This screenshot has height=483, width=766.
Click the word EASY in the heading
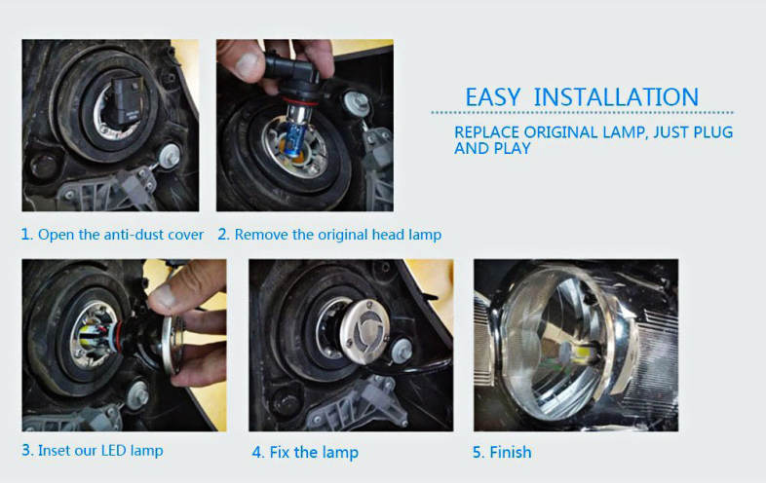[x=492, y=96]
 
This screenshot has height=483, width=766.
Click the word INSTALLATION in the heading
[x=616, y=96]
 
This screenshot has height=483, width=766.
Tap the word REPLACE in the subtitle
[x=486, y=132]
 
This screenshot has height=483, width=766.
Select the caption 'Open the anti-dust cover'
[x=121, y=235]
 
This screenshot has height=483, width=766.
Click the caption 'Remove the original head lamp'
[x=337, y=235]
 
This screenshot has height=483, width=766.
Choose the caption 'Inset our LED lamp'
[x=100, y=450]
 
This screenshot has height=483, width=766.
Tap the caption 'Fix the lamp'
[x=314, y=452]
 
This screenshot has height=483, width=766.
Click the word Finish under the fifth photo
[x=510, y=452]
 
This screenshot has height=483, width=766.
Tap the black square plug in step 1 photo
[x=128, y=99]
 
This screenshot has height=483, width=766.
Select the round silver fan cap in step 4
[x=364, y=332]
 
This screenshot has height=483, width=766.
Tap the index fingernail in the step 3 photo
[x=164, y=296]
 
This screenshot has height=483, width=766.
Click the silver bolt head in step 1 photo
[x=169, y=156]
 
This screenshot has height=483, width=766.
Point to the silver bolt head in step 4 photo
[x=402, y=351]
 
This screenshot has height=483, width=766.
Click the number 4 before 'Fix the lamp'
[x=257, y=453]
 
